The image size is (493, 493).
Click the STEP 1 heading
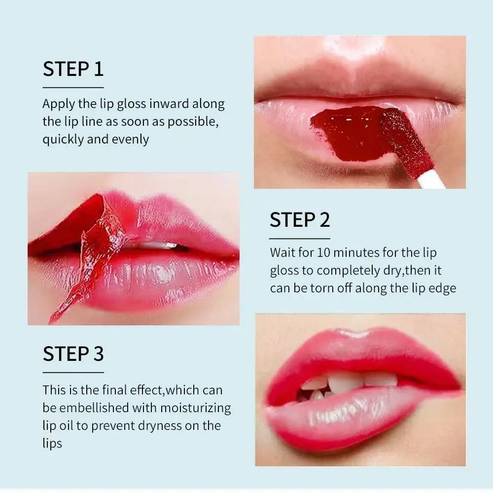(73, 69)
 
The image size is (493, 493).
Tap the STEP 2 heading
(300, 220)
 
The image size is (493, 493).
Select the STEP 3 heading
(73, 354)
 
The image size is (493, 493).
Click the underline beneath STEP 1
(73, 87)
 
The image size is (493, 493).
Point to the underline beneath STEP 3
(73, 372)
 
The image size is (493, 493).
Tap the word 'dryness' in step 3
(153, 425)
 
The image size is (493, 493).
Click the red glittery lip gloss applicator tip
(405, 135)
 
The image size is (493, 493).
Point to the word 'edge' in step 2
(442, 288)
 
